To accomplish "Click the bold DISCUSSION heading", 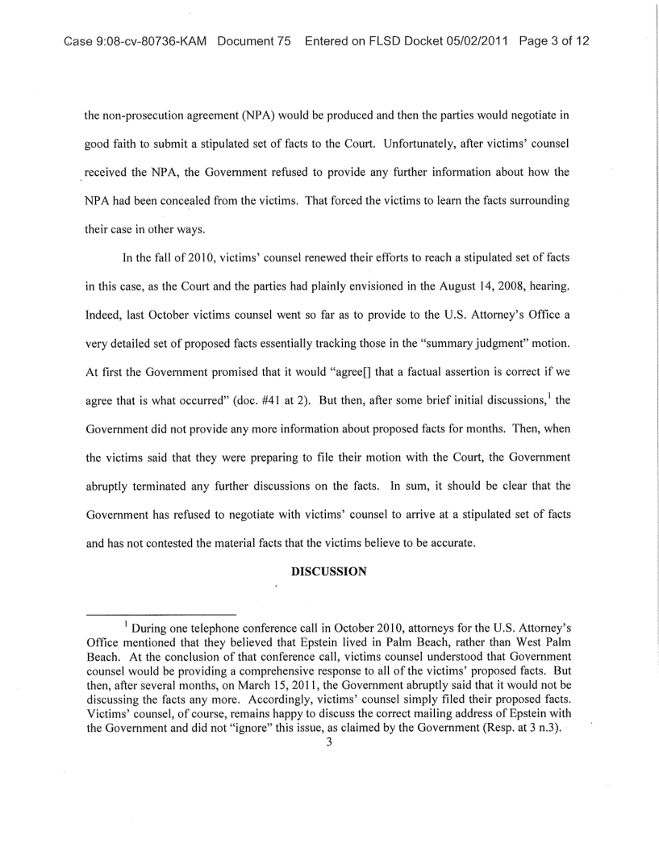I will (328, 570).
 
